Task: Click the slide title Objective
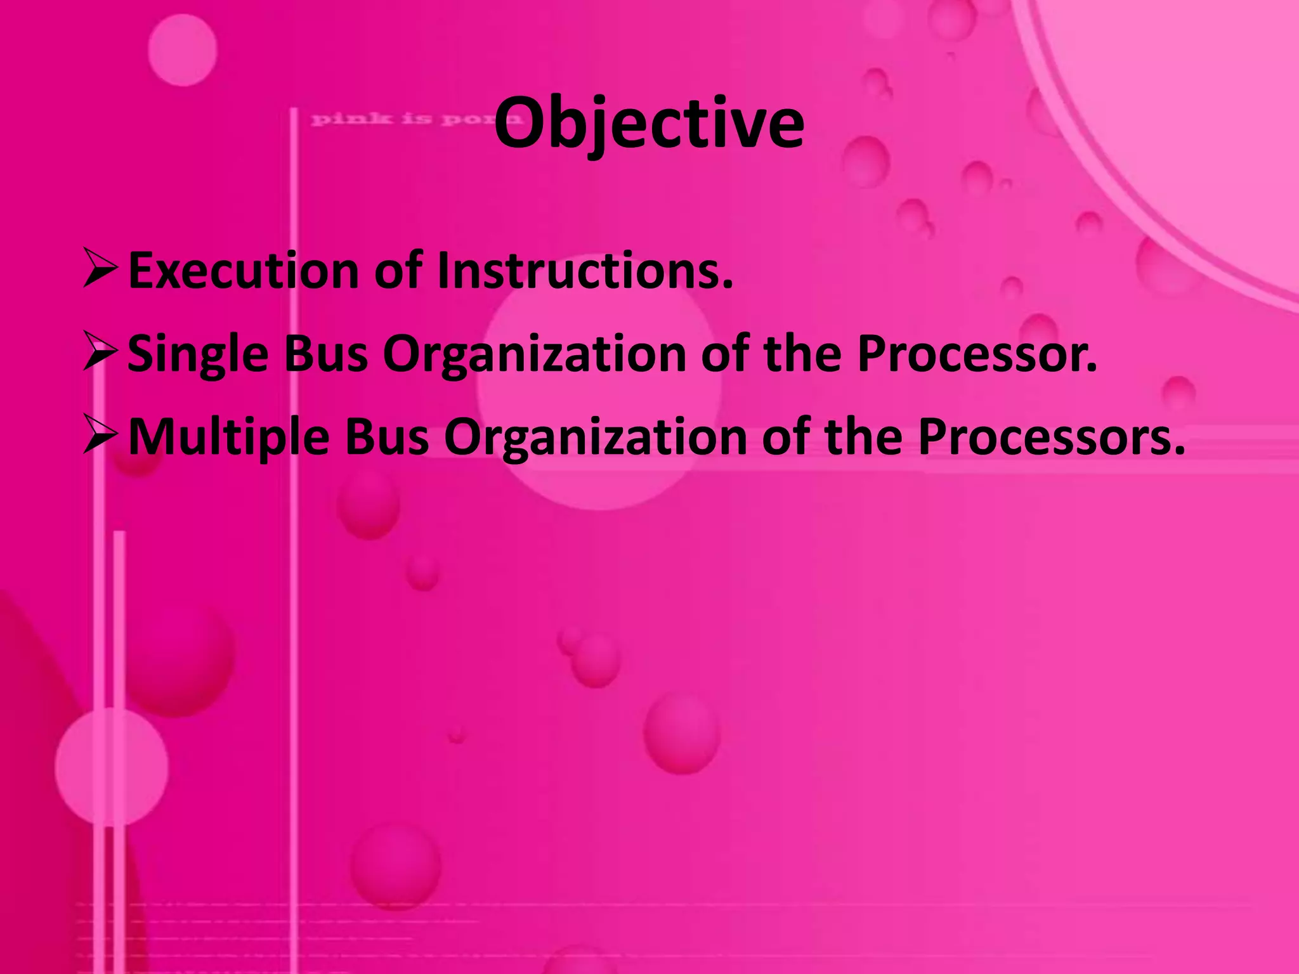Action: (649, 124)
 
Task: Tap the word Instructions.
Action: (584, 271)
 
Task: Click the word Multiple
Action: (228, 438)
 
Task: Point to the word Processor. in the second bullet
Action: (977, 354)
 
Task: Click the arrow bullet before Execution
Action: (100, 269)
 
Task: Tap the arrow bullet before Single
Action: (100, 353)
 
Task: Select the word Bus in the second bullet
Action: (325, 354)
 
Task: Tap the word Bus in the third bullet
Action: (386, 438)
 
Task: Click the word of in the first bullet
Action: (398, 271)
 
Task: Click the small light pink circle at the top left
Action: (183, 50)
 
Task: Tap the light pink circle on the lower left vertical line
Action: (111, 767)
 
